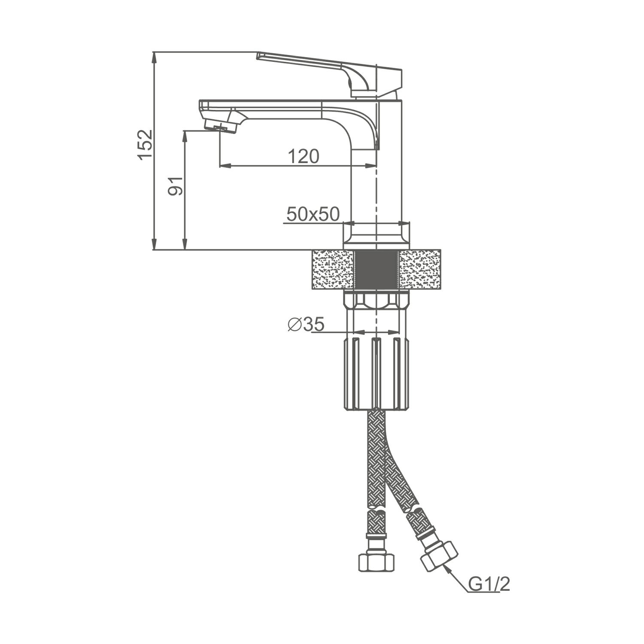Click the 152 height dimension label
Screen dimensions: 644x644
145,144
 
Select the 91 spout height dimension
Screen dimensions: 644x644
176,186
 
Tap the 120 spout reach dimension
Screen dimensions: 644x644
303,157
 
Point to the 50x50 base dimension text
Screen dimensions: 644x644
313,214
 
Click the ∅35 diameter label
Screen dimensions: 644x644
306,325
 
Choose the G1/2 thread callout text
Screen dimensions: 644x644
489,584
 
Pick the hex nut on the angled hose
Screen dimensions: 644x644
439,556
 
